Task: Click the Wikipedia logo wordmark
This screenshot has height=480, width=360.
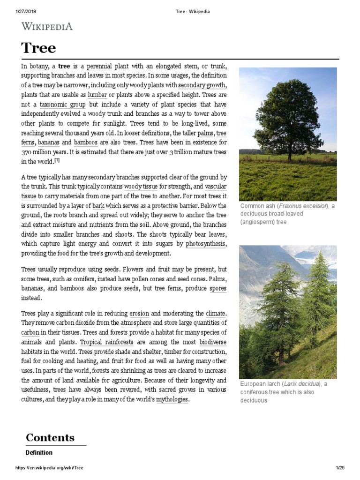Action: click(x=47, y=26)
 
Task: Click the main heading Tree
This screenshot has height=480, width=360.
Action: click(x=38, y=48)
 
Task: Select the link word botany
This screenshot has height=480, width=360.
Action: click(x=38, y=67)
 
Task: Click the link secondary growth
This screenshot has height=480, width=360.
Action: click(x=202, y=85)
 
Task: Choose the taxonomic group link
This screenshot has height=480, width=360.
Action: click(x=62, y=104)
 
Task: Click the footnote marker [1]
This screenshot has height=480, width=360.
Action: click(x=57, y=160)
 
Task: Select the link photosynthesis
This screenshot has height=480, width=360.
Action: click(x=206, y=244)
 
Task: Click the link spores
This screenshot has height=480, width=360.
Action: click(x=218, y=288)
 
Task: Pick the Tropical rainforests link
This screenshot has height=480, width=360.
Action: click(x=106, y=342)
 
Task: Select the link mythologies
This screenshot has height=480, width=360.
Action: click(x=172, y=399)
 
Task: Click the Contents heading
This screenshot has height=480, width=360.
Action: click(x=50, y=437)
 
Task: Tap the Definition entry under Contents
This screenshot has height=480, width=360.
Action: click(x=38, y=453)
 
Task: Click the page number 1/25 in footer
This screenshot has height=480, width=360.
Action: click(x=340, y=468)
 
